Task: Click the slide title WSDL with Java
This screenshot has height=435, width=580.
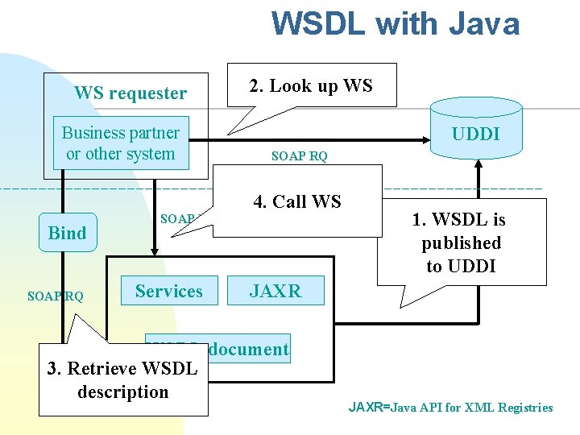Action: click(x=395, y=24)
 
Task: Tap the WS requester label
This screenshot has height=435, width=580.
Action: click(x=130, y=93)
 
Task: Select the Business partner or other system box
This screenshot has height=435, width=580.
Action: click(x=121, y=143)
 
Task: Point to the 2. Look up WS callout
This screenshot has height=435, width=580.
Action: click(x=311, y=86)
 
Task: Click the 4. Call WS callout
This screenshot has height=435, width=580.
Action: click(x=297, y=202)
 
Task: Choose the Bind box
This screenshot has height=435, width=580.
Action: click(x=67, y=234)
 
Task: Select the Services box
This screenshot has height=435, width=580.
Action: click(x=169, y=292)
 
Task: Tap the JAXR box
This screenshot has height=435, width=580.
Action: click(x=275, y=292)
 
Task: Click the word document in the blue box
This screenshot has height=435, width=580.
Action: click(x=248, y=349)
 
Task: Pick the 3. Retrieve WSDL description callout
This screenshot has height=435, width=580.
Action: click(x=122, y=381)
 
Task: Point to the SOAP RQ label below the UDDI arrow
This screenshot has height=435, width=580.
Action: click(x=300, y=156)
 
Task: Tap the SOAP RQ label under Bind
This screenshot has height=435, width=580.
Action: click(x=55, y=296)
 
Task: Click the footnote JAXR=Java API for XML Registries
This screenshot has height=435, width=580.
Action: click(x=450, y=408)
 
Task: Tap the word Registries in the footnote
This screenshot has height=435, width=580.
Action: click(x=524, y=408)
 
